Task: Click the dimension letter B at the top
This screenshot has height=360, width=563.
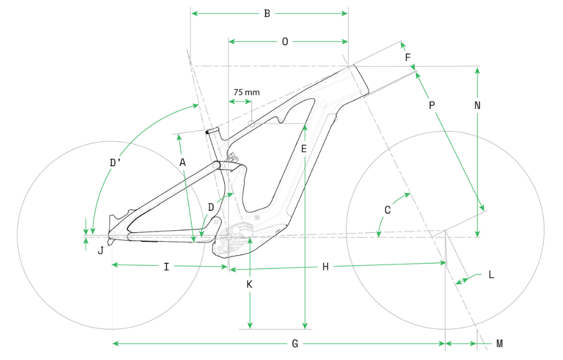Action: click(267, 13)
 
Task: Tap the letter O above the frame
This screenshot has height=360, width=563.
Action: click(285, 42)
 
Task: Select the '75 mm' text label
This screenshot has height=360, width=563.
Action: click(246, 92)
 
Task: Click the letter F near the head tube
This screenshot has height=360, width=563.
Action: click(408, 57)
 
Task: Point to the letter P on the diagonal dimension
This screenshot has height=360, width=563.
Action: click(432, 105)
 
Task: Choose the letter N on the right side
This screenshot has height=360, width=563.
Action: click(477, 104)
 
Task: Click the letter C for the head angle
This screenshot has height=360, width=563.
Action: click(387, 210)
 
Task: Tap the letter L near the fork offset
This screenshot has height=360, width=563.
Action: click(491, 275)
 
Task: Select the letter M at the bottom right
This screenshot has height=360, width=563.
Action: click(500, 344)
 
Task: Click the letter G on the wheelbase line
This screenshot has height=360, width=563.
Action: click(295, 344)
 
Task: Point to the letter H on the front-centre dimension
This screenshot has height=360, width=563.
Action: click(326, 267)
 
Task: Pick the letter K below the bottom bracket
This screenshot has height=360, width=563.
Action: click(249, 284)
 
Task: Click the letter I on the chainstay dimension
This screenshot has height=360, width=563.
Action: click(166, 267)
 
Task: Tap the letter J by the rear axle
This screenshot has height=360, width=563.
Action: click(100, 250)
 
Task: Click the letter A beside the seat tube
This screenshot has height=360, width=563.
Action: click(183, 162)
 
